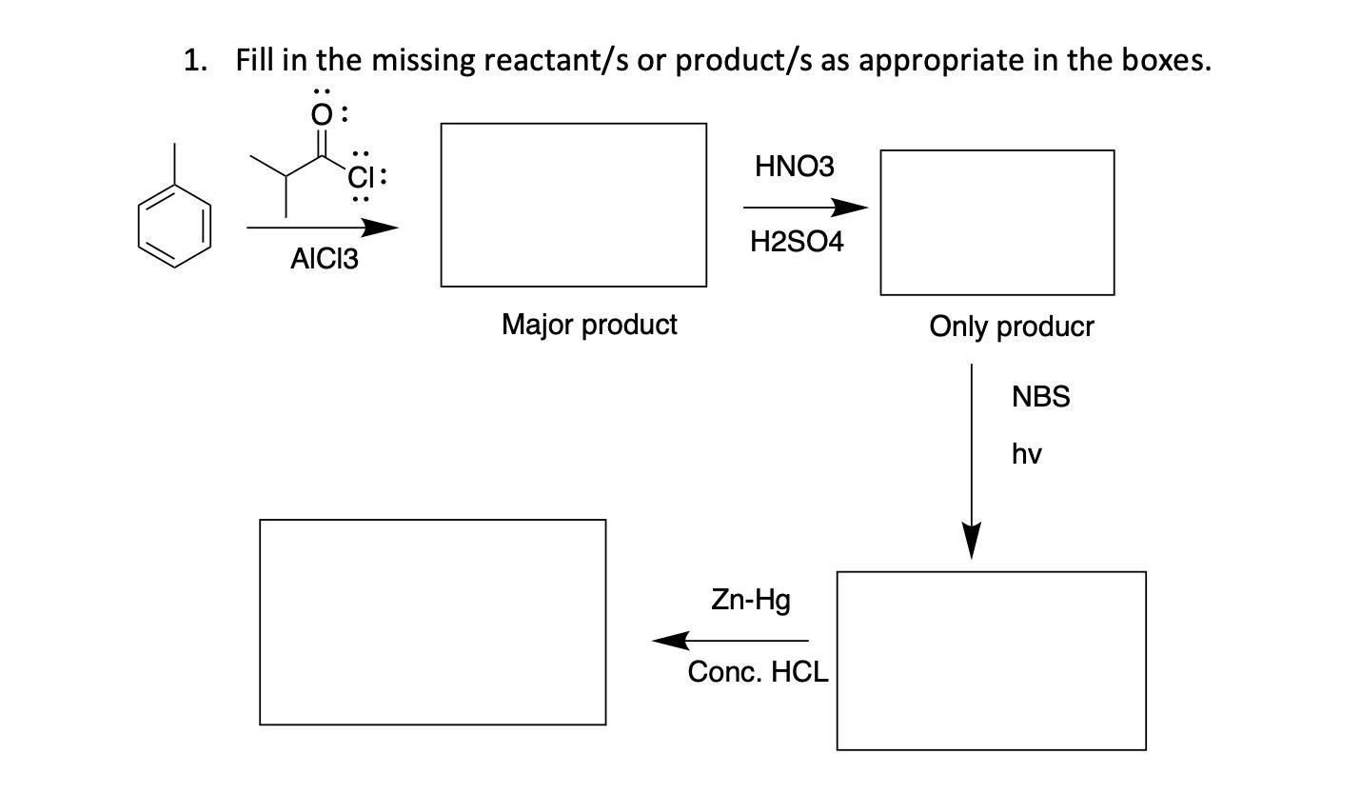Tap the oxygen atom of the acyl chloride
[323, 115]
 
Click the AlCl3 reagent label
[325, 259]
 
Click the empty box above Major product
[573, 204]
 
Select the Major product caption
[589, 325]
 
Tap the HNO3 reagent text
[794, 167]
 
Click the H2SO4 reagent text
[797, 242]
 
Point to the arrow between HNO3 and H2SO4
[805, 208]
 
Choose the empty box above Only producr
[996, 222]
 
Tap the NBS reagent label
[1040, 397]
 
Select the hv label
[1026, 454]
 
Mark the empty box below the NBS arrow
[991, 660]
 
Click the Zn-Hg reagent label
[750, 600]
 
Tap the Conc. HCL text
[758, 672]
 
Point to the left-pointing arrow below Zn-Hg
[730, 641]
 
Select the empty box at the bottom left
[432, 622]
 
